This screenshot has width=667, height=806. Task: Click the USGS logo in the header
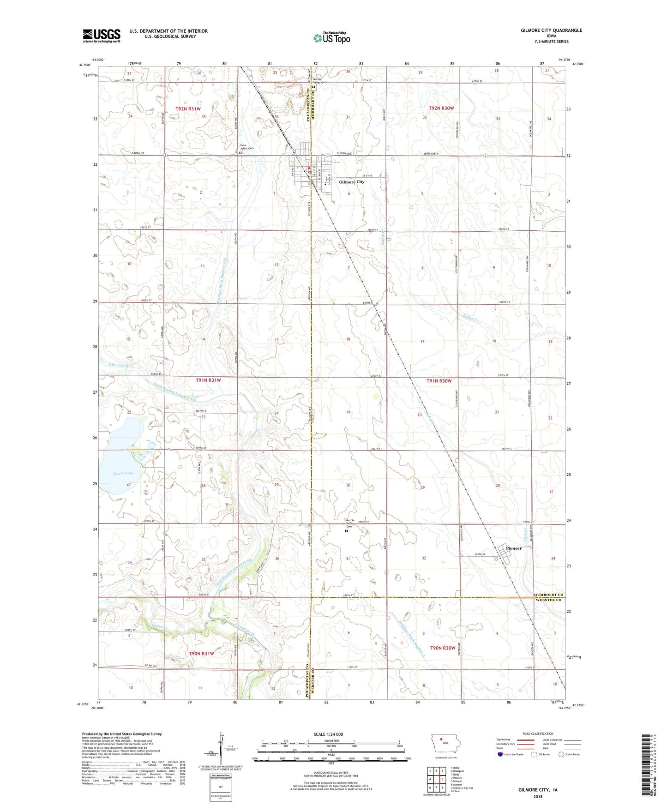[102, 35]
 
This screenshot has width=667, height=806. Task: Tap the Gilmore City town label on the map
[351, 182]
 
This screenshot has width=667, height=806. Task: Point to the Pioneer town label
[513, 548]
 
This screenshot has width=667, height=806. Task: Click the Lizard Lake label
[123, 473]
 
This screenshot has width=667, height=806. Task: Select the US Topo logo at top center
[331, 38]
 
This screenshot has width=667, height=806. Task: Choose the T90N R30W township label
[443, 648]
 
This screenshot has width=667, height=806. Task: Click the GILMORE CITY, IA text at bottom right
[538, 790]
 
